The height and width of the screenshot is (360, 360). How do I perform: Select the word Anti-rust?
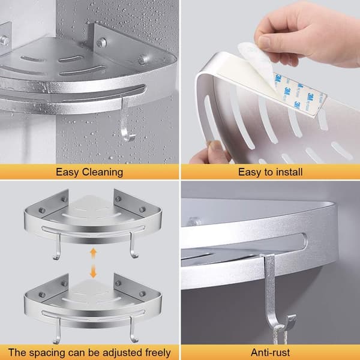(270, 352)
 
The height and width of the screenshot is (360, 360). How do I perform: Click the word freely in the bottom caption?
(158, 353)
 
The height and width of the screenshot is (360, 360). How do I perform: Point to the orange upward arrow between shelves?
(93, 253)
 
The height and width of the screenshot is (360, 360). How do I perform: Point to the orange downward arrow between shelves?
(93, 271)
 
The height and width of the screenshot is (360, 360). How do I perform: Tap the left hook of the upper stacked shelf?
(57, 247)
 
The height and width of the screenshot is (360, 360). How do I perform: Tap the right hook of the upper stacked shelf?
(133, 245)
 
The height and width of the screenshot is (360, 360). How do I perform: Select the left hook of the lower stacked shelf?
(57, 331)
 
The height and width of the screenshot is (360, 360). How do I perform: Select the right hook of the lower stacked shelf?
(133, 330)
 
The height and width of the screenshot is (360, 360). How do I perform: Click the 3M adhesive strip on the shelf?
(298, 94)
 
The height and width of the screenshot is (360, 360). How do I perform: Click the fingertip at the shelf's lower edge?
(215, 149)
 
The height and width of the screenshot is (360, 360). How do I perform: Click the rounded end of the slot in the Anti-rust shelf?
(305, 241)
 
